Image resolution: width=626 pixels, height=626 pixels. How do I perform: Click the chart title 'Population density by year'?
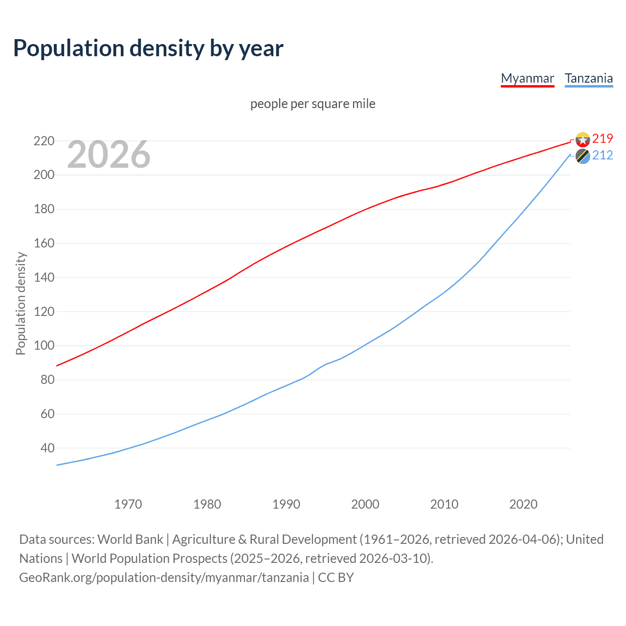[x=148, y=48]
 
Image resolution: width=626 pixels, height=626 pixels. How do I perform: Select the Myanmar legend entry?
[x=527, y=79]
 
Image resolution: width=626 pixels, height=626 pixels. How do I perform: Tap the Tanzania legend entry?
[x=588, y=79]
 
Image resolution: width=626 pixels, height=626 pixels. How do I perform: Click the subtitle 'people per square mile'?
[x=313, y=104]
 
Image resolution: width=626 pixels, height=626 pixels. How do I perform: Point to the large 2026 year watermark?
[x=109, y=155]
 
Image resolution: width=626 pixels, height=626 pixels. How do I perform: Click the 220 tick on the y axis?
[x=44, y=141]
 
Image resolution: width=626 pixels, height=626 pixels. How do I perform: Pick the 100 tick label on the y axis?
[x=44, y=346]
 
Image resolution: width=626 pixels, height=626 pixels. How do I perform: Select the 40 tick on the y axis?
[x=47, y=448]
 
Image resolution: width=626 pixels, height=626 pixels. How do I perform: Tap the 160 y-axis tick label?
[x=44, y=243]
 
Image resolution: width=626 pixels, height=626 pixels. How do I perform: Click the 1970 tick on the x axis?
[x=128, y=504]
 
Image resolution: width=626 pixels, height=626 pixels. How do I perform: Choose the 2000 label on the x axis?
[x=365, y=504]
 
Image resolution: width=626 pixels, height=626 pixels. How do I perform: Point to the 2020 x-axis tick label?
[x=523, y=504]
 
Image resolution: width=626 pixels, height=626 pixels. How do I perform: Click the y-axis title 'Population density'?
[x=21, y=303]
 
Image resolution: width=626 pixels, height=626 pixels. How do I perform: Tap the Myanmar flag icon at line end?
[x=582, y=140]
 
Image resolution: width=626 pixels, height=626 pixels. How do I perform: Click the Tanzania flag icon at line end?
[x=582, y=156]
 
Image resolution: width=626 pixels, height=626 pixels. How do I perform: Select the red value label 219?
[x=603, y=139]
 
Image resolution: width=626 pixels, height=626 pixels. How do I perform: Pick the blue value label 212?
[x=603, y=156]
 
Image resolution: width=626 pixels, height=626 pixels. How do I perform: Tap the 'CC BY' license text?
[x=336, y=578]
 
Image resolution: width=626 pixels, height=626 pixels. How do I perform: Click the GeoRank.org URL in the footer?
[x=164, y=578]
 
